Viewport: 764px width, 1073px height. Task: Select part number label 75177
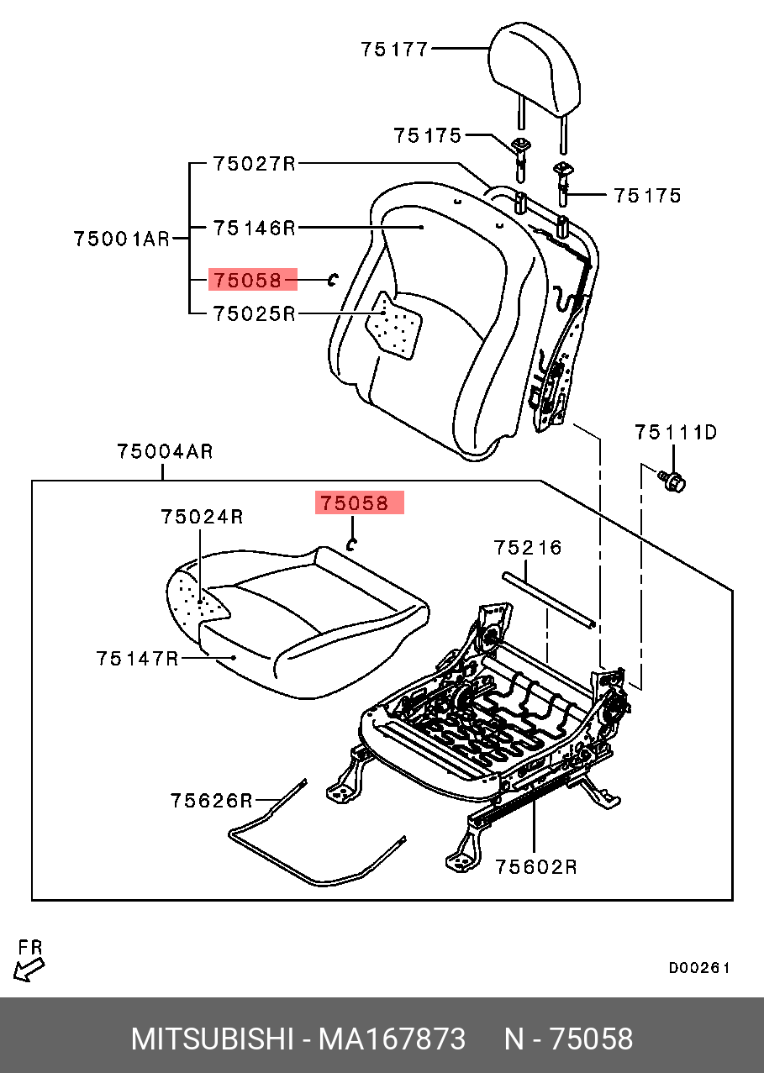click(395, 50)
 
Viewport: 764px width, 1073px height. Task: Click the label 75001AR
click(121, 239)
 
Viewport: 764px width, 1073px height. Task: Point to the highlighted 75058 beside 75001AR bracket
click(252, 279)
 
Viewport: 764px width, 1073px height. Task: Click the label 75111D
click(676, 433)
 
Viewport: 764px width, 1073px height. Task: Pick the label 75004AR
click(165, 452)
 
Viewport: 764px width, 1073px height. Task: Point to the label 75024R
click(202, 517)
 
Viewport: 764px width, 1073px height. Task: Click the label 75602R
click(535, 866)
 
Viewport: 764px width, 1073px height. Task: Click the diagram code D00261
click(699, 968)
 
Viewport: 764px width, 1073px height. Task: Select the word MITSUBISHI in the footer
click(210, 1039)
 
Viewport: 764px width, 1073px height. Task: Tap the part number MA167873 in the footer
click(391, 1039)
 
